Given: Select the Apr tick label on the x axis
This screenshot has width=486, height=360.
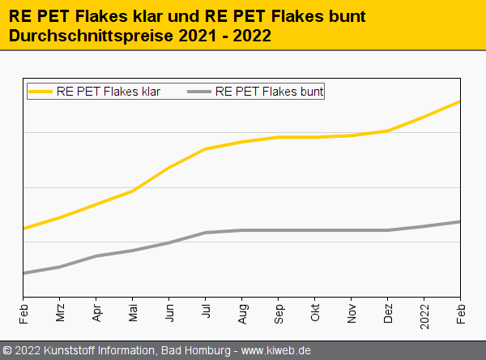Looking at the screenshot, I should point(96,314).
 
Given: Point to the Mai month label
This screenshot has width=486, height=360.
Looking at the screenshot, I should point(133,314).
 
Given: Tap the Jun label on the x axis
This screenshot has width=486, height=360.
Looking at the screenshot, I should point(169,314).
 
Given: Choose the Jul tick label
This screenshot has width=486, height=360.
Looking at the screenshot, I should point(206,312).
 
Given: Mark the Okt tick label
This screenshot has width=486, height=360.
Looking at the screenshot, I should point(315,314).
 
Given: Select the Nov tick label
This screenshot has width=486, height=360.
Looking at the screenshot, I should point(352,314).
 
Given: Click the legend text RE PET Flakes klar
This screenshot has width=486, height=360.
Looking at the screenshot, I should point(109,92).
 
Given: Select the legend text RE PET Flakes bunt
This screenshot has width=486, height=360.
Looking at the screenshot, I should point(270,92).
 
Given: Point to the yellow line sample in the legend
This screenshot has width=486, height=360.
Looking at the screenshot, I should point(40,92).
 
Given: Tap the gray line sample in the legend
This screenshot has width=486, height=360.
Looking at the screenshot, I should point(199,92).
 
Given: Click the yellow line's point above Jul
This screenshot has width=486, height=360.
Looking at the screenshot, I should point(206,149).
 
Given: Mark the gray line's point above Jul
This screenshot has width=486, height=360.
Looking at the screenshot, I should point(206,233).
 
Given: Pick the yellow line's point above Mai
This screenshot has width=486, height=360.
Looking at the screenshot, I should point(133,191).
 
